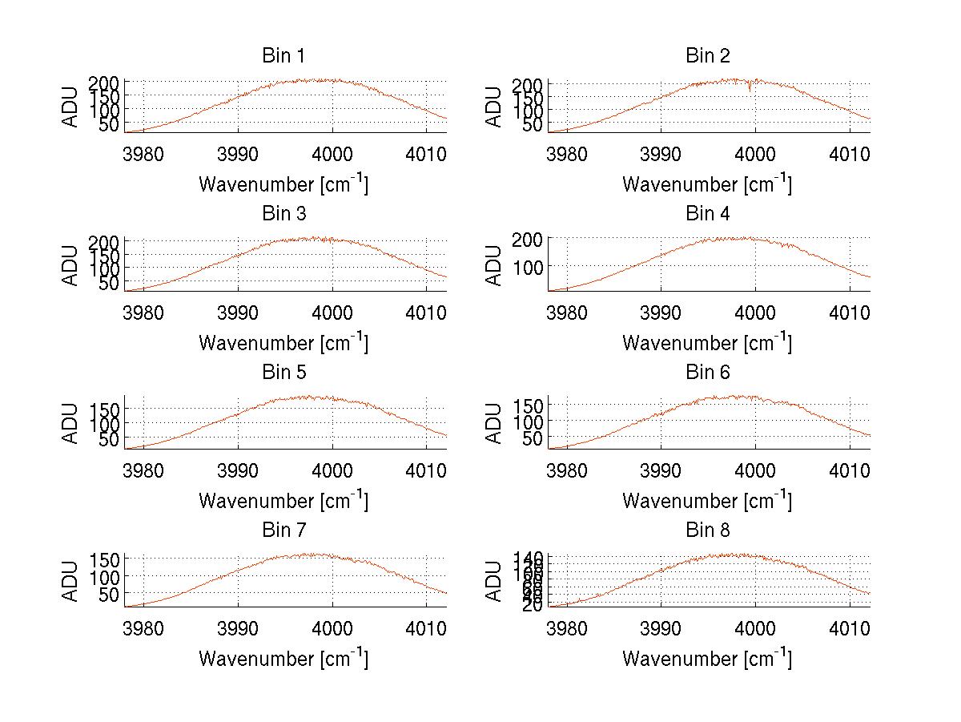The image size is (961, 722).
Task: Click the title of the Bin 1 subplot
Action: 283,55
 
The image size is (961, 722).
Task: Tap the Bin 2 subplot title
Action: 707,55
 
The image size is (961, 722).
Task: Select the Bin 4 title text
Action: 707,214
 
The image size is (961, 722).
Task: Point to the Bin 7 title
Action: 283,530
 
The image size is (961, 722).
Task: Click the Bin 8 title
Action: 707,530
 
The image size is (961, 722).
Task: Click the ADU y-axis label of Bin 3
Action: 71,264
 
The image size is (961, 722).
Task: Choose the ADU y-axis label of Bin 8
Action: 494,581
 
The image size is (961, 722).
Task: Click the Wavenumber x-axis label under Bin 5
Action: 283,501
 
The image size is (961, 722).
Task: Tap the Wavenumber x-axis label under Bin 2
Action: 707,184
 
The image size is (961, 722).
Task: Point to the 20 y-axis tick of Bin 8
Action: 534,606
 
